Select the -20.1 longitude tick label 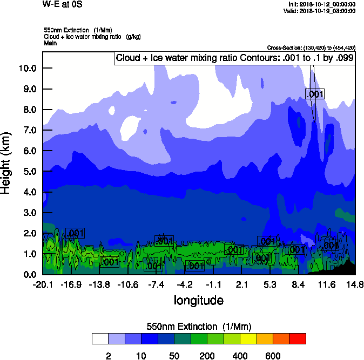[42, 284]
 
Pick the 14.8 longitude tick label [355, 284]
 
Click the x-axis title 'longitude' [198, 300]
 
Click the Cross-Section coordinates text [311, 47]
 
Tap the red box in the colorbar [297, 338]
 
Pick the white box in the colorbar [100, 338]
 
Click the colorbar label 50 [174, 356]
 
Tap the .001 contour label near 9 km [315, 94]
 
